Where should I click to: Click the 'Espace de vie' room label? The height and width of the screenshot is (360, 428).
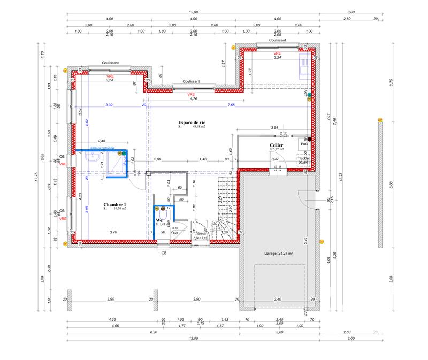192,123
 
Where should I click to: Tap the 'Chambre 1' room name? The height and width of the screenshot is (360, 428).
114,205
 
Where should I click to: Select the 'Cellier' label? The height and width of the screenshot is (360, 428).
276,145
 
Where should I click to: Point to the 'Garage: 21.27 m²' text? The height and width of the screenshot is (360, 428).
279,254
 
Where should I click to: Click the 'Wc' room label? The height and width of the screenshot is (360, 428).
159,220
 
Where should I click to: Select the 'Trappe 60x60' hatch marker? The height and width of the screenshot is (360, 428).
303,159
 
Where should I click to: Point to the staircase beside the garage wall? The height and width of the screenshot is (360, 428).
225,206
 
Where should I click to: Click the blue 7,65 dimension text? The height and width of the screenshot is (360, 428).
231,105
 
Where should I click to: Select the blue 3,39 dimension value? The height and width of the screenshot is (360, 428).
109,105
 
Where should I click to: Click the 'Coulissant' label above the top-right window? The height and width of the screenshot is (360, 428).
277,40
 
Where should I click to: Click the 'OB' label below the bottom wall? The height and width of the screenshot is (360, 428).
164,253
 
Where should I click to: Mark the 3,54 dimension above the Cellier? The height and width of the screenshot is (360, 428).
274,128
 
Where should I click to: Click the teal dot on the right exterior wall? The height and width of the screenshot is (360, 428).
309,95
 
